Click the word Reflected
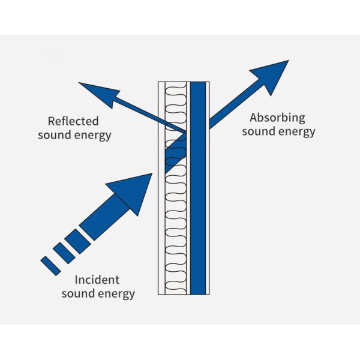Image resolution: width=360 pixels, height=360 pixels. [73, 121]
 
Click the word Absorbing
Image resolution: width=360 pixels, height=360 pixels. [277, 118]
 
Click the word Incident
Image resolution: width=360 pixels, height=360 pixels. [97, 280]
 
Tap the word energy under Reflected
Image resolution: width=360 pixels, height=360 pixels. [93, 136]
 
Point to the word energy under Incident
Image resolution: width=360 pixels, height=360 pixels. [116, 294]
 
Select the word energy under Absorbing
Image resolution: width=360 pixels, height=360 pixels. [297, 132]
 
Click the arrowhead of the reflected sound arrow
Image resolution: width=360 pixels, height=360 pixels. [102, 93]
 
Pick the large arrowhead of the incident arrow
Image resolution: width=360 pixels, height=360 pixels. [132, 192]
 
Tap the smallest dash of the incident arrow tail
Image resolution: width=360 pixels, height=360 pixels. [50, 266]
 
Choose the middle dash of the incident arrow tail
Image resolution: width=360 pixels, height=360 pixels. [64, 253]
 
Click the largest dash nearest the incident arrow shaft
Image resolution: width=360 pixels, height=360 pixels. [77, 242]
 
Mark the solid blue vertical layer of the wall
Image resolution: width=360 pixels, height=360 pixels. [198, 188]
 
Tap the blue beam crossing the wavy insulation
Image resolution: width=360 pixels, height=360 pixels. [176, 152]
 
